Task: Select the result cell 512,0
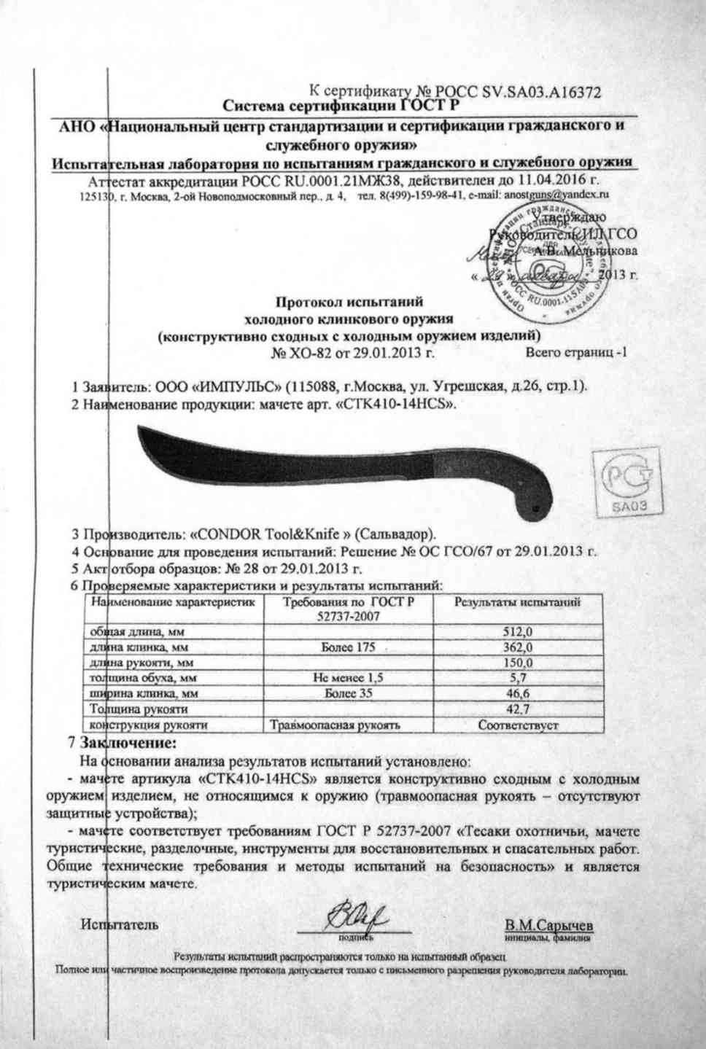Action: pos(518,632)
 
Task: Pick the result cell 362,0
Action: pos(518,647)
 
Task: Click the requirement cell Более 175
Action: pos(347,647)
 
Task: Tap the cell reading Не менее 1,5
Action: pos(347,678)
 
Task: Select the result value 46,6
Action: pos(518,693)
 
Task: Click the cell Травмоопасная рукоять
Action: pos(335,725)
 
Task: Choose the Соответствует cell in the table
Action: pos(518,725)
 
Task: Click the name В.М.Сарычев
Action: pos(549,926)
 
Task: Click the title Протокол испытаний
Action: pos(349,300)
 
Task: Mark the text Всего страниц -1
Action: pos(575,354)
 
